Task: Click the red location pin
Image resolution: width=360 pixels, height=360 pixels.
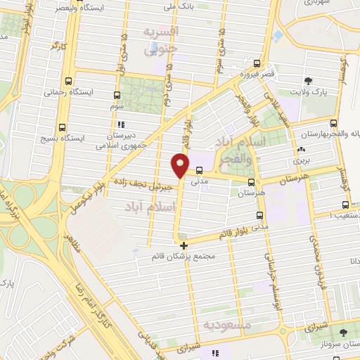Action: (180, 166)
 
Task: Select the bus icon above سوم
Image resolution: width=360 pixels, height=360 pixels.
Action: (117, 94)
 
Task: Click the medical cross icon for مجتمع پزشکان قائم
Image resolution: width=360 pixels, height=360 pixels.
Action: (184, 245)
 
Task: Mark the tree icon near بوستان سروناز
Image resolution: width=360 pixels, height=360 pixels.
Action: (343, 332)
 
